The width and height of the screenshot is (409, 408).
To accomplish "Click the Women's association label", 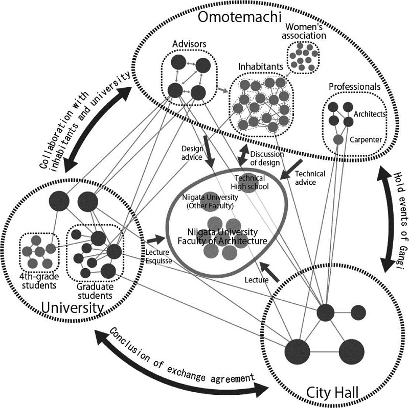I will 305,31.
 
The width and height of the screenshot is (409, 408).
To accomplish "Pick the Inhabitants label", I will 261,67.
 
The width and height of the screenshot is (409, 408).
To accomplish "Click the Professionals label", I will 354,87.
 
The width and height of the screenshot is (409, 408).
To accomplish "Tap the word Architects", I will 369,114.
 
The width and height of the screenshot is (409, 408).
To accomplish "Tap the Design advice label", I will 193,153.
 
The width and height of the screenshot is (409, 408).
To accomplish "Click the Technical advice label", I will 310,178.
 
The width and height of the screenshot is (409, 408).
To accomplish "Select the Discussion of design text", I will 265,159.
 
